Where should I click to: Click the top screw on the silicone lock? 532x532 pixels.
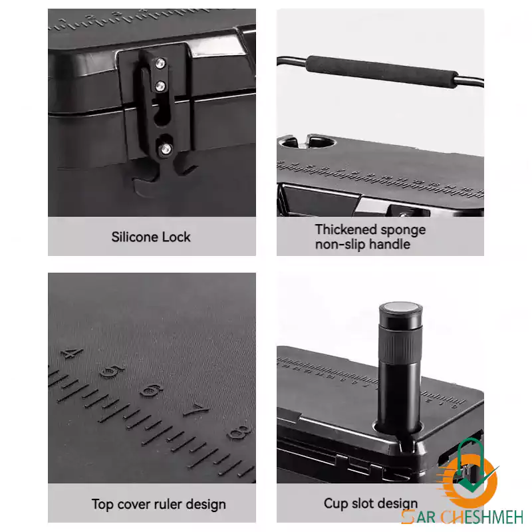click(x=160, y=63)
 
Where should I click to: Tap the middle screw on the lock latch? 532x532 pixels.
click(x=160, y=86)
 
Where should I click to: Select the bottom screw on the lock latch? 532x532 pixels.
click(x=166, y=148)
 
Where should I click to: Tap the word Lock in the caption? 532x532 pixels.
click(x=176, y=237)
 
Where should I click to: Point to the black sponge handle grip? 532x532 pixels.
click(x=382, y=72)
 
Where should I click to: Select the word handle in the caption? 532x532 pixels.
click(x=390, y=244)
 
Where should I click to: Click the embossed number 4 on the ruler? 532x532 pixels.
click(x=72, y=353)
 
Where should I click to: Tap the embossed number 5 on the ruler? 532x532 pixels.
click(x=112, y=372)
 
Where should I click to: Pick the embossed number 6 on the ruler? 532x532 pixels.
click(x=152, y=390)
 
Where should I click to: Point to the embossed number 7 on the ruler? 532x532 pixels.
click(x=196, y=410)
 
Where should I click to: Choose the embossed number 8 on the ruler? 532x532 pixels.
click(x=240, y=432)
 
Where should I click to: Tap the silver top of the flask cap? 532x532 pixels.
click(x=400, y=307)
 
